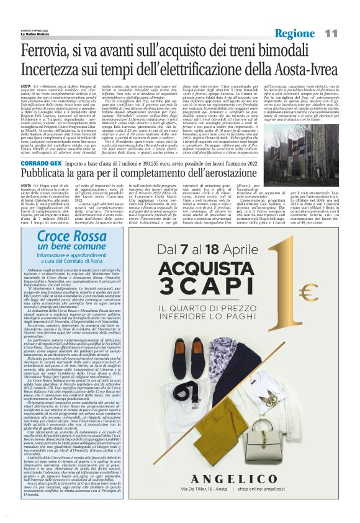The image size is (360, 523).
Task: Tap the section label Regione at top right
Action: click(294, 32)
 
